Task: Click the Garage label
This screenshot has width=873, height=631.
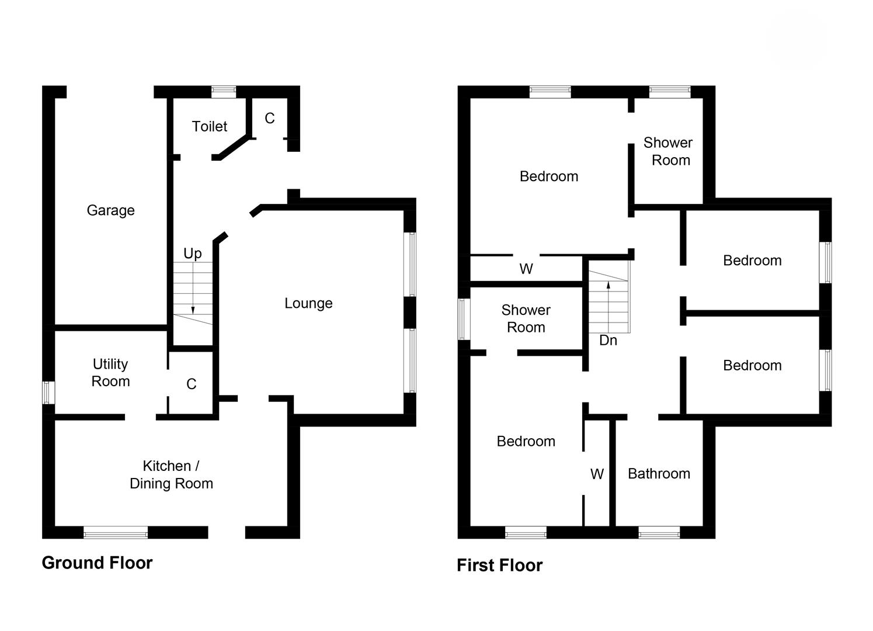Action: pyautogui.click(x=110, y=210)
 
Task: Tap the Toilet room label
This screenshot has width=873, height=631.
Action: pyautogui.click(x=210, y=126)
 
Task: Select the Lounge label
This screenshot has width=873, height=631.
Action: pyautogui.click(x=308, y=303)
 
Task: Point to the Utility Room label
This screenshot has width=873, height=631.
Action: pyautogui.click(x=110, y=373)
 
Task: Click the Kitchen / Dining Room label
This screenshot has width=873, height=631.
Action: pyautogui.click(x=171, y=474)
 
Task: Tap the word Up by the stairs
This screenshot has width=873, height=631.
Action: pyautogui.click(x=193, y=253)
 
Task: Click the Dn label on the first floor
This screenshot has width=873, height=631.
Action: pyautogui.click(x=608, y=340)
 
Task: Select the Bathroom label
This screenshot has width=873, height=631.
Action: pyautogui.click(x=659, y=473)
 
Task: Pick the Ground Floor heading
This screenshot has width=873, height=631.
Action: pyautogui.click(x=97, y=563)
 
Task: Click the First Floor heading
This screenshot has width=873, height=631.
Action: pyautogui.click(x=499, y=565)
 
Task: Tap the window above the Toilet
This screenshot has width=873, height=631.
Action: pyautogui.click(x=224, y=91)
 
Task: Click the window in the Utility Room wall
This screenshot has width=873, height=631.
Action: pyautogui.click(x=48, y=392)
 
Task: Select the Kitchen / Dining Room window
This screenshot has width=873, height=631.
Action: pyautogui.click(x=116, y=532)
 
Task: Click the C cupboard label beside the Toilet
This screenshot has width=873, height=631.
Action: pyautogui.click(x=269, y=119)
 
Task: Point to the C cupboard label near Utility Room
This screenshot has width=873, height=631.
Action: pyautogui.click(x=191, y=384)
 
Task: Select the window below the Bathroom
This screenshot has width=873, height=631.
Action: pyautogui.click(x=659, y=532)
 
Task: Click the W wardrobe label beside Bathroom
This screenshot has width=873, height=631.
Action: pyautogui.click(x=597, y=474)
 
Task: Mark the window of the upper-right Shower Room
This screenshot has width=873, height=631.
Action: pyautogui.click(x=669, y=91)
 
